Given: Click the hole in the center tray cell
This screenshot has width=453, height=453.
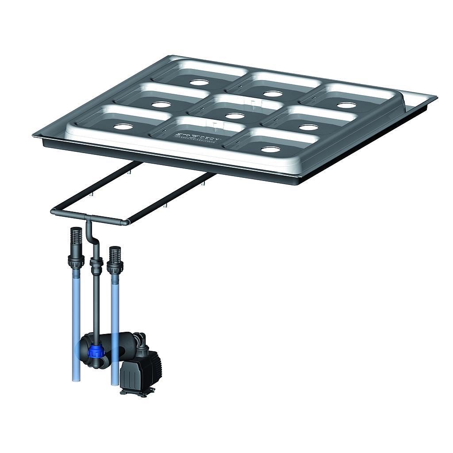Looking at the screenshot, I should click(235, 116).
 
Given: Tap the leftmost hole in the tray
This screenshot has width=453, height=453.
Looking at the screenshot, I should click(123, 127).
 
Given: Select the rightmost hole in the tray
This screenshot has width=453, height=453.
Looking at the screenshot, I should click(346, 105).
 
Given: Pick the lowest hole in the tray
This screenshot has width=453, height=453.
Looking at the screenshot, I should click(270, 150).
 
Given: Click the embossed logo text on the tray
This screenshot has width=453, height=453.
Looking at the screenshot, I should click(198, 134).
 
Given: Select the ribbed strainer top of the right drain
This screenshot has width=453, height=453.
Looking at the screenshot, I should click(115, 254).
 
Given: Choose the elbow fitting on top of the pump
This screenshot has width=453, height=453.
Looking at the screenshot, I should click(141, 341).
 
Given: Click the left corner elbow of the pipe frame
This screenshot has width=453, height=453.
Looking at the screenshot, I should click(54, 212).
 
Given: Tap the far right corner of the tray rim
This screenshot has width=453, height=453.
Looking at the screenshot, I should click(435, 97).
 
